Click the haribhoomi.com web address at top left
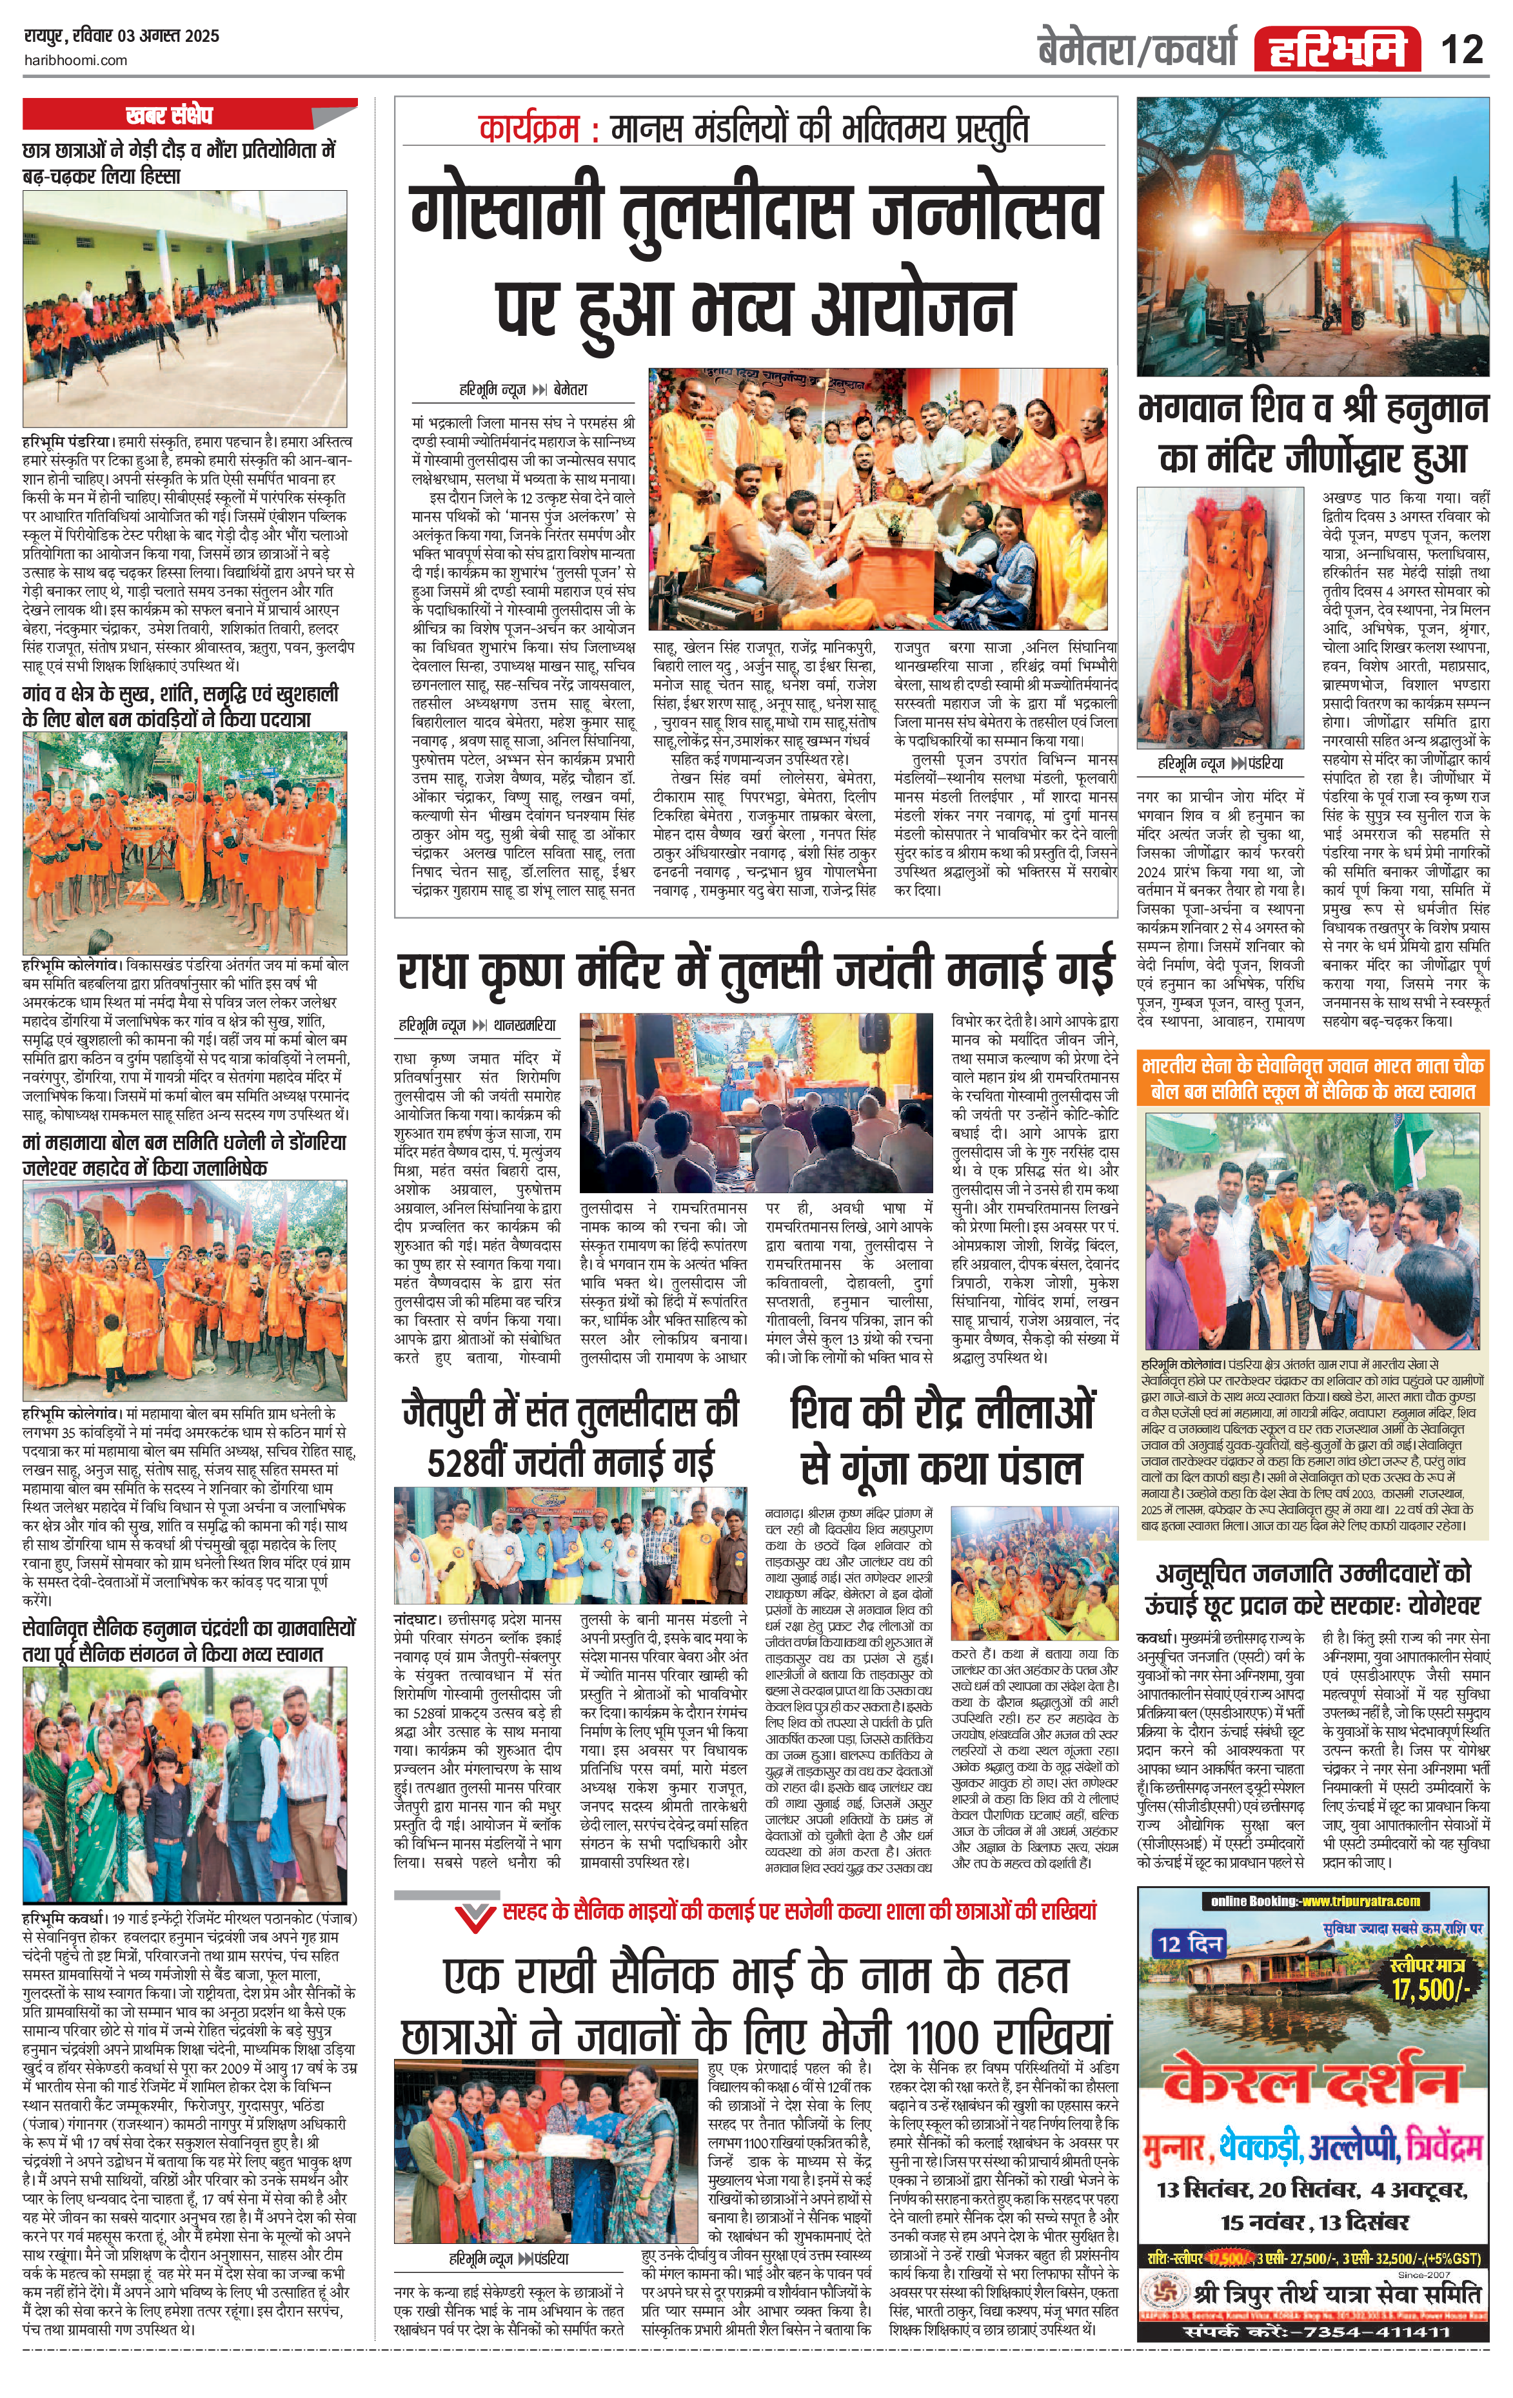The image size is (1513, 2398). pyautogui.click(x=75, y=60)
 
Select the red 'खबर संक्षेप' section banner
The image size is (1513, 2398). pyautogui.click(x=170, y=115)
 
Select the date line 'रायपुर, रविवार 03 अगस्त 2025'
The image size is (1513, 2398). pyautogui.click(x=121, y=36)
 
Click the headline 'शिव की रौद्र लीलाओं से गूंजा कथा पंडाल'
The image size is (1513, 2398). pyautogui.click(x=941, y=1438)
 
